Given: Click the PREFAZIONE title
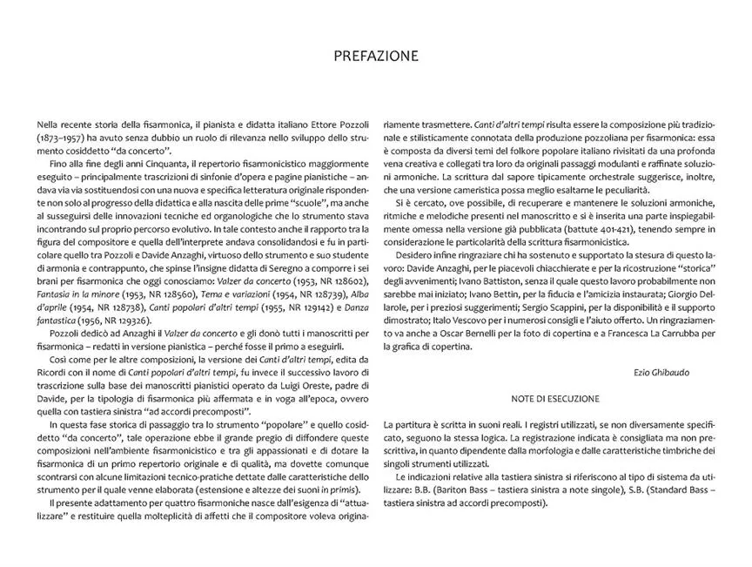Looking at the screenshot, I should coord(376,57).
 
